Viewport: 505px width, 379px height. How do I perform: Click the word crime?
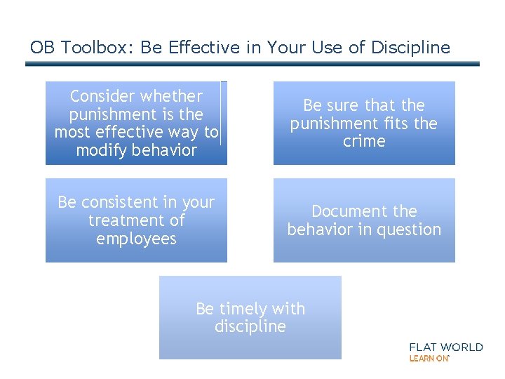[364, 141]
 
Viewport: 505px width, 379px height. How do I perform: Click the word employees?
[136, 239]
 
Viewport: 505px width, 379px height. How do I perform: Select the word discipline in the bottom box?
[250, 326]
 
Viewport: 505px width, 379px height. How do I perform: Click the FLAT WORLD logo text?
[446, 347]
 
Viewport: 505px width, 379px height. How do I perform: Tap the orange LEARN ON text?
[429, 358]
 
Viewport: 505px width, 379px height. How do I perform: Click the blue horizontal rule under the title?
[252, 64]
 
